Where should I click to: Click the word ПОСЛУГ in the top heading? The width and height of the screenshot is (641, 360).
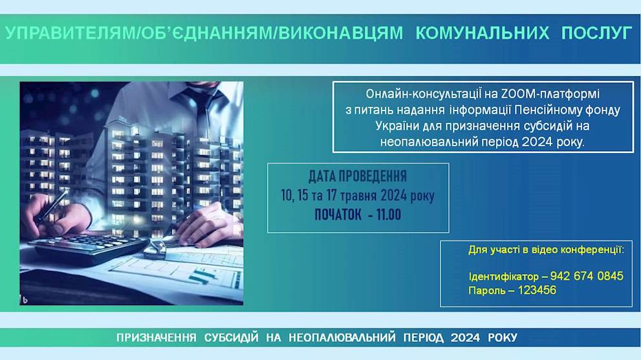[597, 33]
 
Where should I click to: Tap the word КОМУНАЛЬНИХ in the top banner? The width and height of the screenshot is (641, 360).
[483, 33]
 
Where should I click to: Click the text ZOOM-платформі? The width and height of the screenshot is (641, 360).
[550, 94]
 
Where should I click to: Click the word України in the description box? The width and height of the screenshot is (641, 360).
[397, 126]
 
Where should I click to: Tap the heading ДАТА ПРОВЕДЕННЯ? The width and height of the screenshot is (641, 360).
[358, 176]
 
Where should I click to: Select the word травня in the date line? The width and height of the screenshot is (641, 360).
[358, 196]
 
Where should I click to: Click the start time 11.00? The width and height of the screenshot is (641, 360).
[388, 215]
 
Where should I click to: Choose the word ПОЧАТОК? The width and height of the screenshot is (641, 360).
[338, 215]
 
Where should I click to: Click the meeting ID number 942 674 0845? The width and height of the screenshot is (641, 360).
[587, 276]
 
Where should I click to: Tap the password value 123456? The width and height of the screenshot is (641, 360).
[537, 291]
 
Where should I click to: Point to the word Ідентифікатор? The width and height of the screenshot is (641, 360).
[504, 277]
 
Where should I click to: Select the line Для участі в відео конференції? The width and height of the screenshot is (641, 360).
[546, 249]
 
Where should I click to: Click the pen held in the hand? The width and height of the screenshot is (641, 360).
[53, 207]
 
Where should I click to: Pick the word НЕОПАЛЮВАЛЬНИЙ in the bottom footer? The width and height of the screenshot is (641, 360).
[342, 338]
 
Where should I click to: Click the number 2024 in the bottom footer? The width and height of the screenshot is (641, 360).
[465, 338]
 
